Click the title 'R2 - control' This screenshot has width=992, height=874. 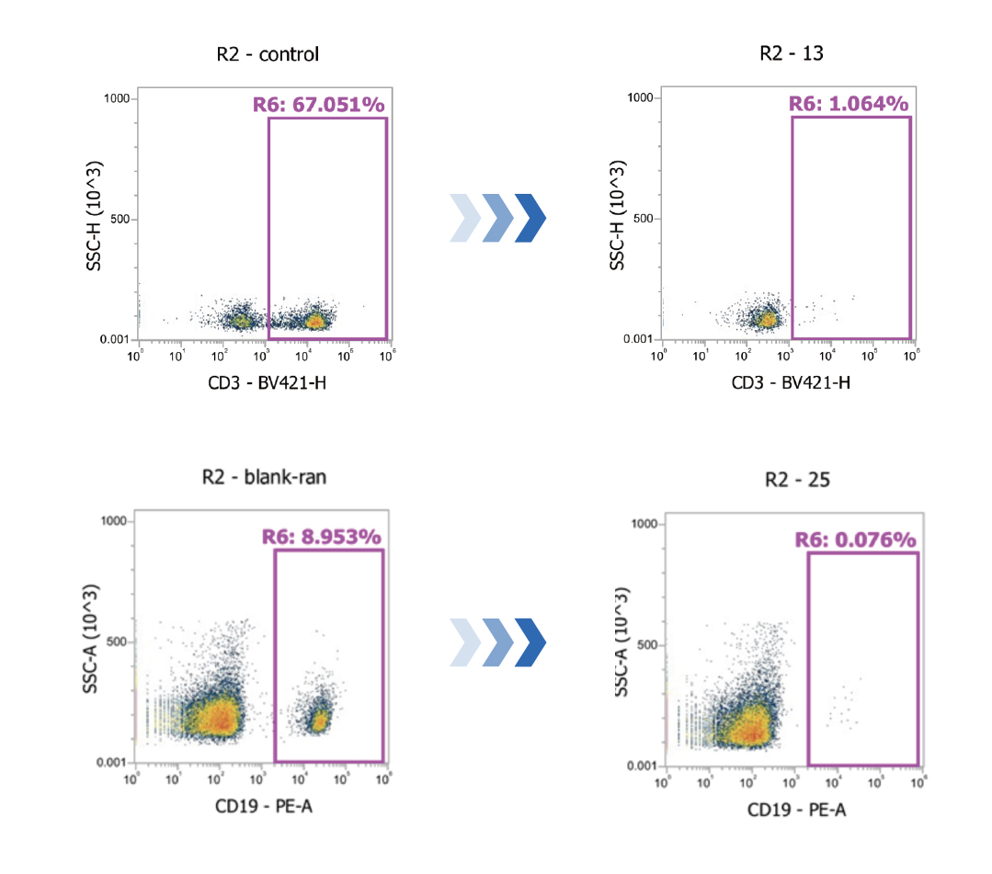click(268, 54)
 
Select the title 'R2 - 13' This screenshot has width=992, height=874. click(791, 52)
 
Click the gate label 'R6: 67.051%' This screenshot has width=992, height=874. click(318, 105)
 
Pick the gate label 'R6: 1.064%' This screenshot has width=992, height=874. click(849, 103)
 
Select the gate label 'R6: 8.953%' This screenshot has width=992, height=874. click(321, 537)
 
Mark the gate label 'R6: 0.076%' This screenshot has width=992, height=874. click(856, 539)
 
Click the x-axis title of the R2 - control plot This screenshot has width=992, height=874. click(267, 382)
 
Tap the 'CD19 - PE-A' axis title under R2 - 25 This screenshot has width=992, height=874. click(796, 811)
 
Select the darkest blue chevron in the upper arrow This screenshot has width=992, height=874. click(530, 219)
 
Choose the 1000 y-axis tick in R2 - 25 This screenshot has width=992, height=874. click(641, 524)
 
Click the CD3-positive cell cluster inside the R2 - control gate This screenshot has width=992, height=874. click(315, 321)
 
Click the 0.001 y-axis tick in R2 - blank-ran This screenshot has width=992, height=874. click(110, 763)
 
